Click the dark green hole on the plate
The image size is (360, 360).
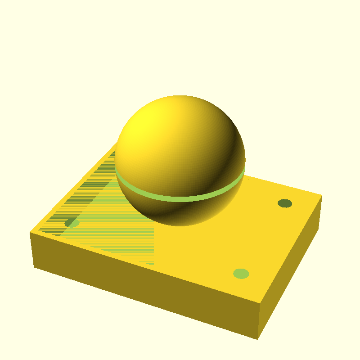point(285,203)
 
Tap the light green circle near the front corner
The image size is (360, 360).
point(241,274)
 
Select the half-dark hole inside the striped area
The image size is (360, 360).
point(72,223)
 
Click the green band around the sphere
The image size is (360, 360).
point(180,198)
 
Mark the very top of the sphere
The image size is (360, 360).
point(180,96)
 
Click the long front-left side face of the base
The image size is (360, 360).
point(144,288)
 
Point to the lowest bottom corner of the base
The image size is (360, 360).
point(257,339)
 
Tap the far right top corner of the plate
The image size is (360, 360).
point(322,196)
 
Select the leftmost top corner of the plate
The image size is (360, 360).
point(30,233)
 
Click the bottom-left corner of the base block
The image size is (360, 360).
point(34,267)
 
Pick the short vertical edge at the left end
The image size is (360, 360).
point(32,250)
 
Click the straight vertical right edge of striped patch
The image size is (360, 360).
point(154,243)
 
